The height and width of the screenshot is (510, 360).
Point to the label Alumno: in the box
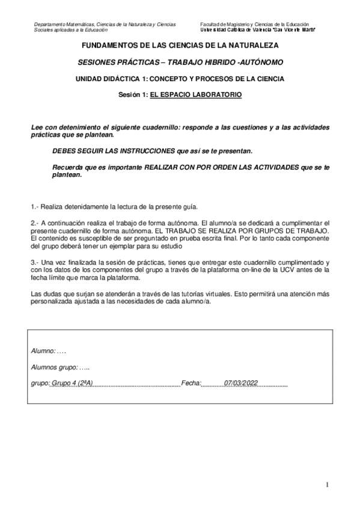[43, 351]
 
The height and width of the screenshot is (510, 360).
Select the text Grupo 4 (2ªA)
[72, 382]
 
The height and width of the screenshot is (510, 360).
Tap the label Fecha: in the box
[191, 382]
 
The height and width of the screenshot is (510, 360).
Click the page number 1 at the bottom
[328, 485]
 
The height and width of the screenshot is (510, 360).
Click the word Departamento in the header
[47, 24]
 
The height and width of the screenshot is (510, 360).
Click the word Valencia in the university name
[259, 29]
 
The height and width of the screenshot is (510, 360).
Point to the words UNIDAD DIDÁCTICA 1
[111, 79]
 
